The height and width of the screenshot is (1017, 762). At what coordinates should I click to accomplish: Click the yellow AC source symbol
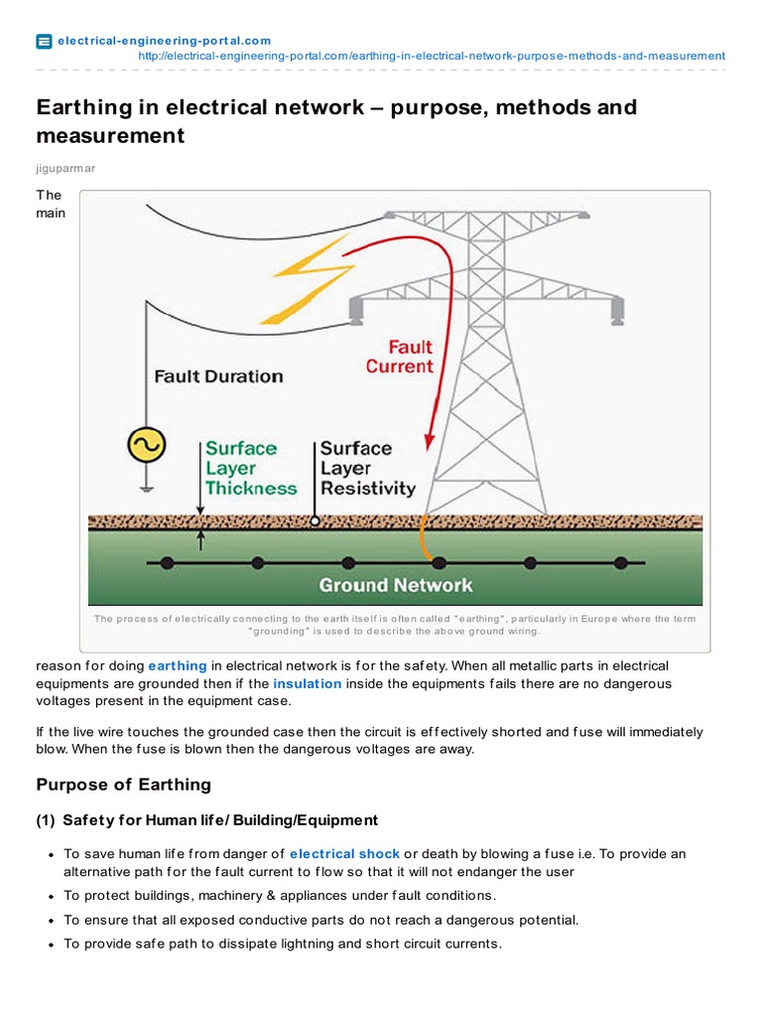click(x=146, y=446)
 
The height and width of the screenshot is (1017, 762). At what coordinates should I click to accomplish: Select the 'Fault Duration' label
click(x=218, y=376)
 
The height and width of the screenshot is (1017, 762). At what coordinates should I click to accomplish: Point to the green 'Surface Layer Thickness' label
click(x=250, y=468)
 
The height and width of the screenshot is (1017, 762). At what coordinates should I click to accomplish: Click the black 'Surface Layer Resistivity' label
click(x=366, y=468)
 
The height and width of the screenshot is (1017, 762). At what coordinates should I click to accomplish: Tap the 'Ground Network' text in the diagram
click(x=395, y=585)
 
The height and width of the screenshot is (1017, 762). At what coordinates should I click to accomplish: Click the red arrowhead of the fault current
click(x=431, y=438)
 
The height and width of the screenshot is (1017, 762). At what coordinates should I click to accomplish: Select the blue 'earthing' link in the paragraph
click(x=178, y=665)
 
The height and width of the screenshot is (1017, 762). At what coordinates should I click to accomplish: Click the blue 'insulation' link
click(x=308, y=683)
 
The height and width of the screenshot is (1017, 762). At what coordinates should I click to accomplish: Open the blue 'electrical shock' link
click(x=344, y=853)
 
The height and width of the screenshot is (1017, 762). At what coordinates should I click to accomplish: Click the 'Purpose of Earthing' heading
click(x=124, y=785)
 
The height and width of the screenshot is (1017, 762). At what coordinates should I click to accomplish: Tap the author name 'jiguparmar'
click(x=66, y=170)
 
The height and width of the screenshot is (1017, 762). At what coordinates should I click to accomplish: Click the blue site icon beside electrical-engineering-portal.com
click(x=44, y=42)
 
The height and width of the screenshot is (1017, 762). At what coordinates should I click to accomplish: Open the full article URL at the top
click(x=432, y=56)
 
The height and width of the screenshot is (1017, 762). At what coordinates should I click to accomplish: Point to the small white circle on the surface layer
click(x=315, y=520)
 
